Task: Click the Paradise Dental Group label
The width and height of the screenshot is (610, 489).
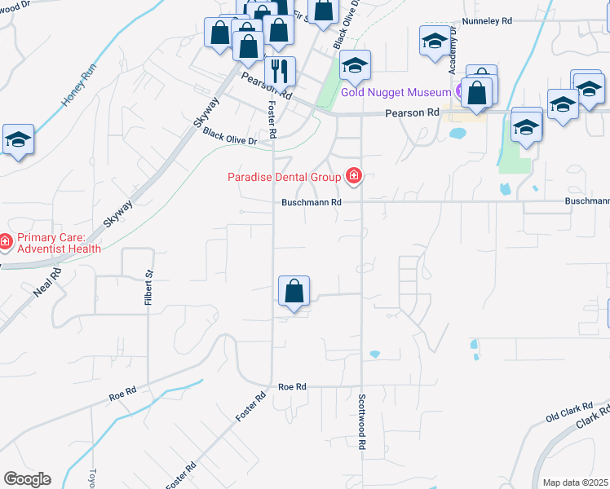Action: [x=285, y=176]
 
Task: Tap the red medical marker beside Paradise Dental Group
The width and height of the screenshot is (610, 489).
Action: [x=354, y=175]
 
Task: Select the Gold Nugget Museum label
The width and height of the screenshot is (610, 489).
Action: [x=396, y=92]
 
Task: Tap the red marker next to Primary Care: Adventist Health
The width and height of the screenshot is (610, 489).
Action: [x=6, y=242]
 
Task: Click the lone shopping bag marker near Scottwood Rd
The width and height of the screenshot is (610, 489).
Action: [x=294, y=291]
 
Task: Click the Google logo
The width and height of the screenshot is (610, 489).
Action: [x=27, y=478]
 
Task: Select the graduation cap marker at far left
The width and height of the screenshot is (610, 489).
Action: [x=17, y=139]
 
